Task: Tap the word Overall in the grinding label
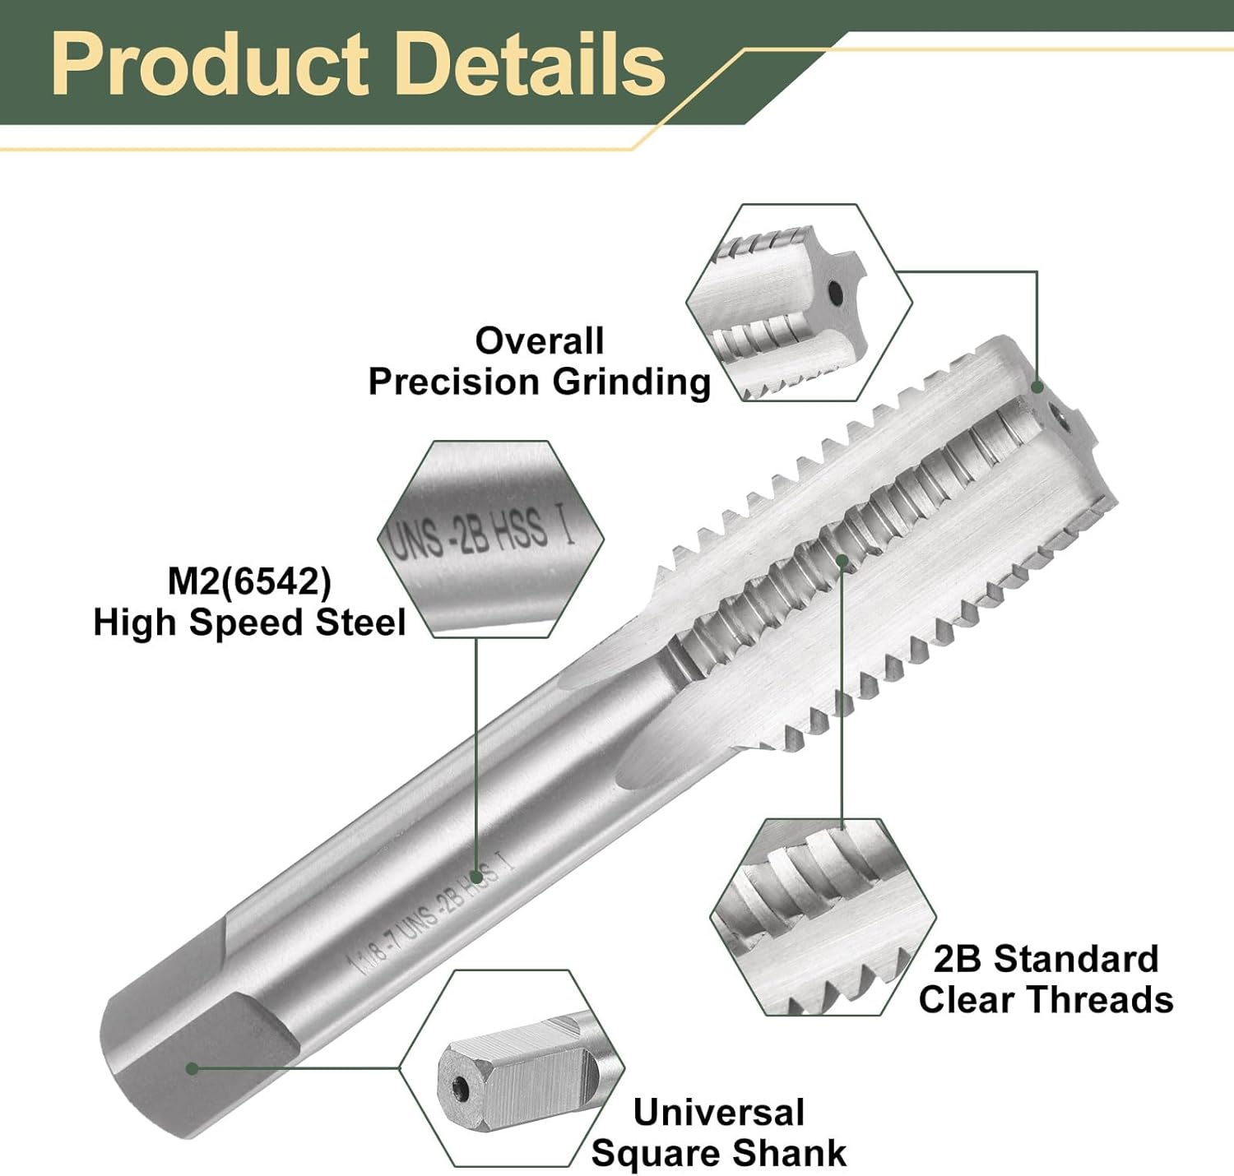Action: [x=540, y=340]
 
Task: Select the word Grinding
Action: [x=631, y=382]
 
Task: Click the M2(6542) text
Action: [x=249, y=581]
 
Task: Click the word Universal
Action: [x=718, y=1112]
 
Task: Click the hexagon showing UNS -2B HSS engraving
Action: [x=490, y=538]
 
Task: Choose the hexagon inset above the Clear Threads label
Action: [x=823, y=917]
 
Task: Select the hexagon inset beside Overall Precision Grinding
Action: [x=799, y=303]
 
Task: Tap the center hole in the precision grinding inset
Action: [x=836, y=291]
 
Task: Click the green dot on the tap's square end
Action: [x=193, y=1068]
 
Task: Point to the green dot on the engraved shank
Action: [x=476, y=877]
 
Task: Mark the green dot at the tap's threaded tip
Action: [x=1037, y=387]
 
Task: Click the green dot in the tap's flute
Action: [x=842, y=561]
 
